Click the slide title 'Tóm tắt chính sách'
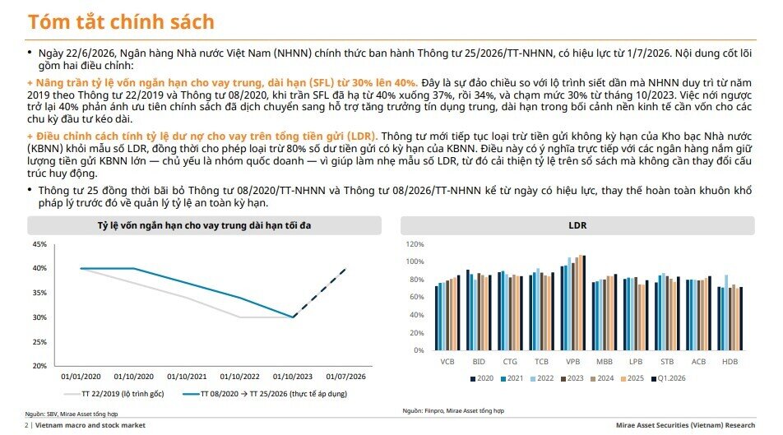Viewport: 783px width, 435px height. click(121, 22)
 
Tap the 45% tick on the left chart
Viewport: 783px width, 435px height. click(39, 244)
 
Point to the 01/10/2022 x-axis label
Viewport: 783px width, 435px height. click(239, 377)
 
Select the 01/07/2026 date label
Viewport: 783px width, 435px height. click(345, 377)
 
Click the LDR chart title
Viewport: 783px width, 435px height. click(577, 225)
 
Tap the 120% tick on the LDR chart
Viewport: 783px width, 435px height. click(415, 244)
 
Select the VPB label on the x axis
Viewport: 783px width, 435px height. click(572, 362)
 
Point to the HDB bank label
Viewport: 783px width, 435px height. click(730, 362)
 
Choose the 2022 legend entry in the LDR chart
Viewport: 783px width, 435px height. click(542, 378)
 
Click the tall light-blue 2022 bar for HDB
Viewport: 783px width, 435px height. click(725, 312)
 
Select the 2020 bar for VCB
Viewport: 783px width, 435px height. click(437, 318)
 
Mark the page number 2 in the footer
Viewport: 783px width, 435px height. click(26, 425)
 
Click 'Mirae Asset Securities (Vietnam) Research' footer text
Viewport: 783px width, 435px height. click(685, 425)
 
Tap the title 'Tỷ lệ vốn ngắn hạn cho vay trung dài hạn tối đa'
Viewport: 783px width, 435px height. click(204, 226)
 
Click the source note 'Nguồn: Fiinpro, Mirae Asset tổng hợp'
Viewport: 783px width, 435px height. click(453, 410)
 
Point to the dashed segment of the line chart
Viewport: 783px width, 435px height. click(320, 293)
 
